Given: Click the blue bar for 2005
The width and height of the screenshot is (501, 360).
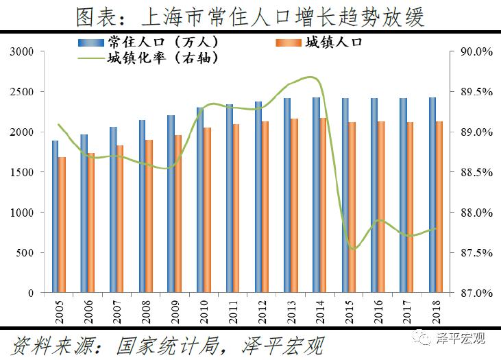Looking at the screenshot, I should [56, 217].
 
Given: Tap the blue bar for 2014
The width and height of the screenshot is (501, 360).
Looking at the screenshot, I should [316, 195].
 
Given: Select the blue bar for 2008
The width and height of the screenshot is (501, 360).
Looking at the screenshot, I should [143, 206].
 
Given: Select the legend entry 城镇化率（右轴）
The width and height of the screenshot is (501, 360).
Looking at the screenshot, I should [155, 58].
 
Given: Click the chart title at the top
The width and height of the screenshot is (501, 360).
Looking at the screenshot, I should [250, 16].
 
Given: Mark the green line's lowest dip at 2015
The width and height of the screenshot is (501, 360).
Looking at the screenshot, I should [353, 249].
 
